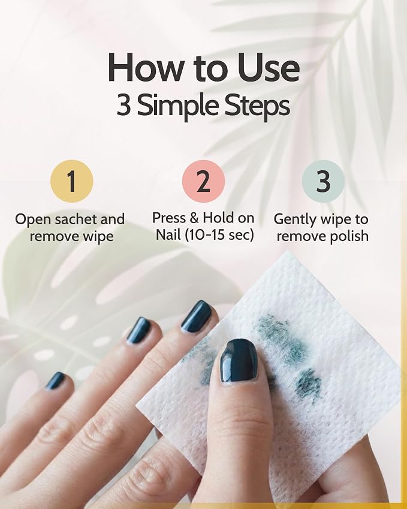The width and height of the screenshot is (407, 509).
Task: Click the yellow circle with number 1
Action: click(72, 181)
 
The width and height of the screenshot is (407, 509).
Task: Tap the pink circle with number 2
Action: click(204, 181)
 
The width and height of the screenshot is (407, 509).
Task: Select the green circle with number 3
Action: click(323, 181)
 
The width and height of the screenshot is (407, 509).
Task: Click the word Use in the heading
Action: click(267, 68)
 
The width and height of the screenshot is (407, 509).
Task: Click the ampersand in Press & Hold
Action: click(194, 218)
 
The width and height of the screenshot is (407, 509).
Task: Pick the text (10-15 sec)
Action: click(219, 234)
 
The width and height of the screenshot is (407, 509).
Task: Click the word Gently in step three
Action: click(295, 220)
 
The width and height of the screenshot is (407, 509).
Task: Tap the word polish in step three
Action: click(349, 236)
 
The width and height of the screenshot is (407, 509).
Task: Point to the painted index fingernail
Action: click(196, 317)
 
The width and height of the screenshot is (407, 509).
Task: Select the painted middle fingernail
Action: click(140, 330)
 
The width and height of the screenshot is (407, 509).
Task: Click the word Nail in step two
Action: click(168, 234)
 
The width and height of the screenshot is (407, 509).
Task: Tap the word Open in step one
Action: click(33, 220)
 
